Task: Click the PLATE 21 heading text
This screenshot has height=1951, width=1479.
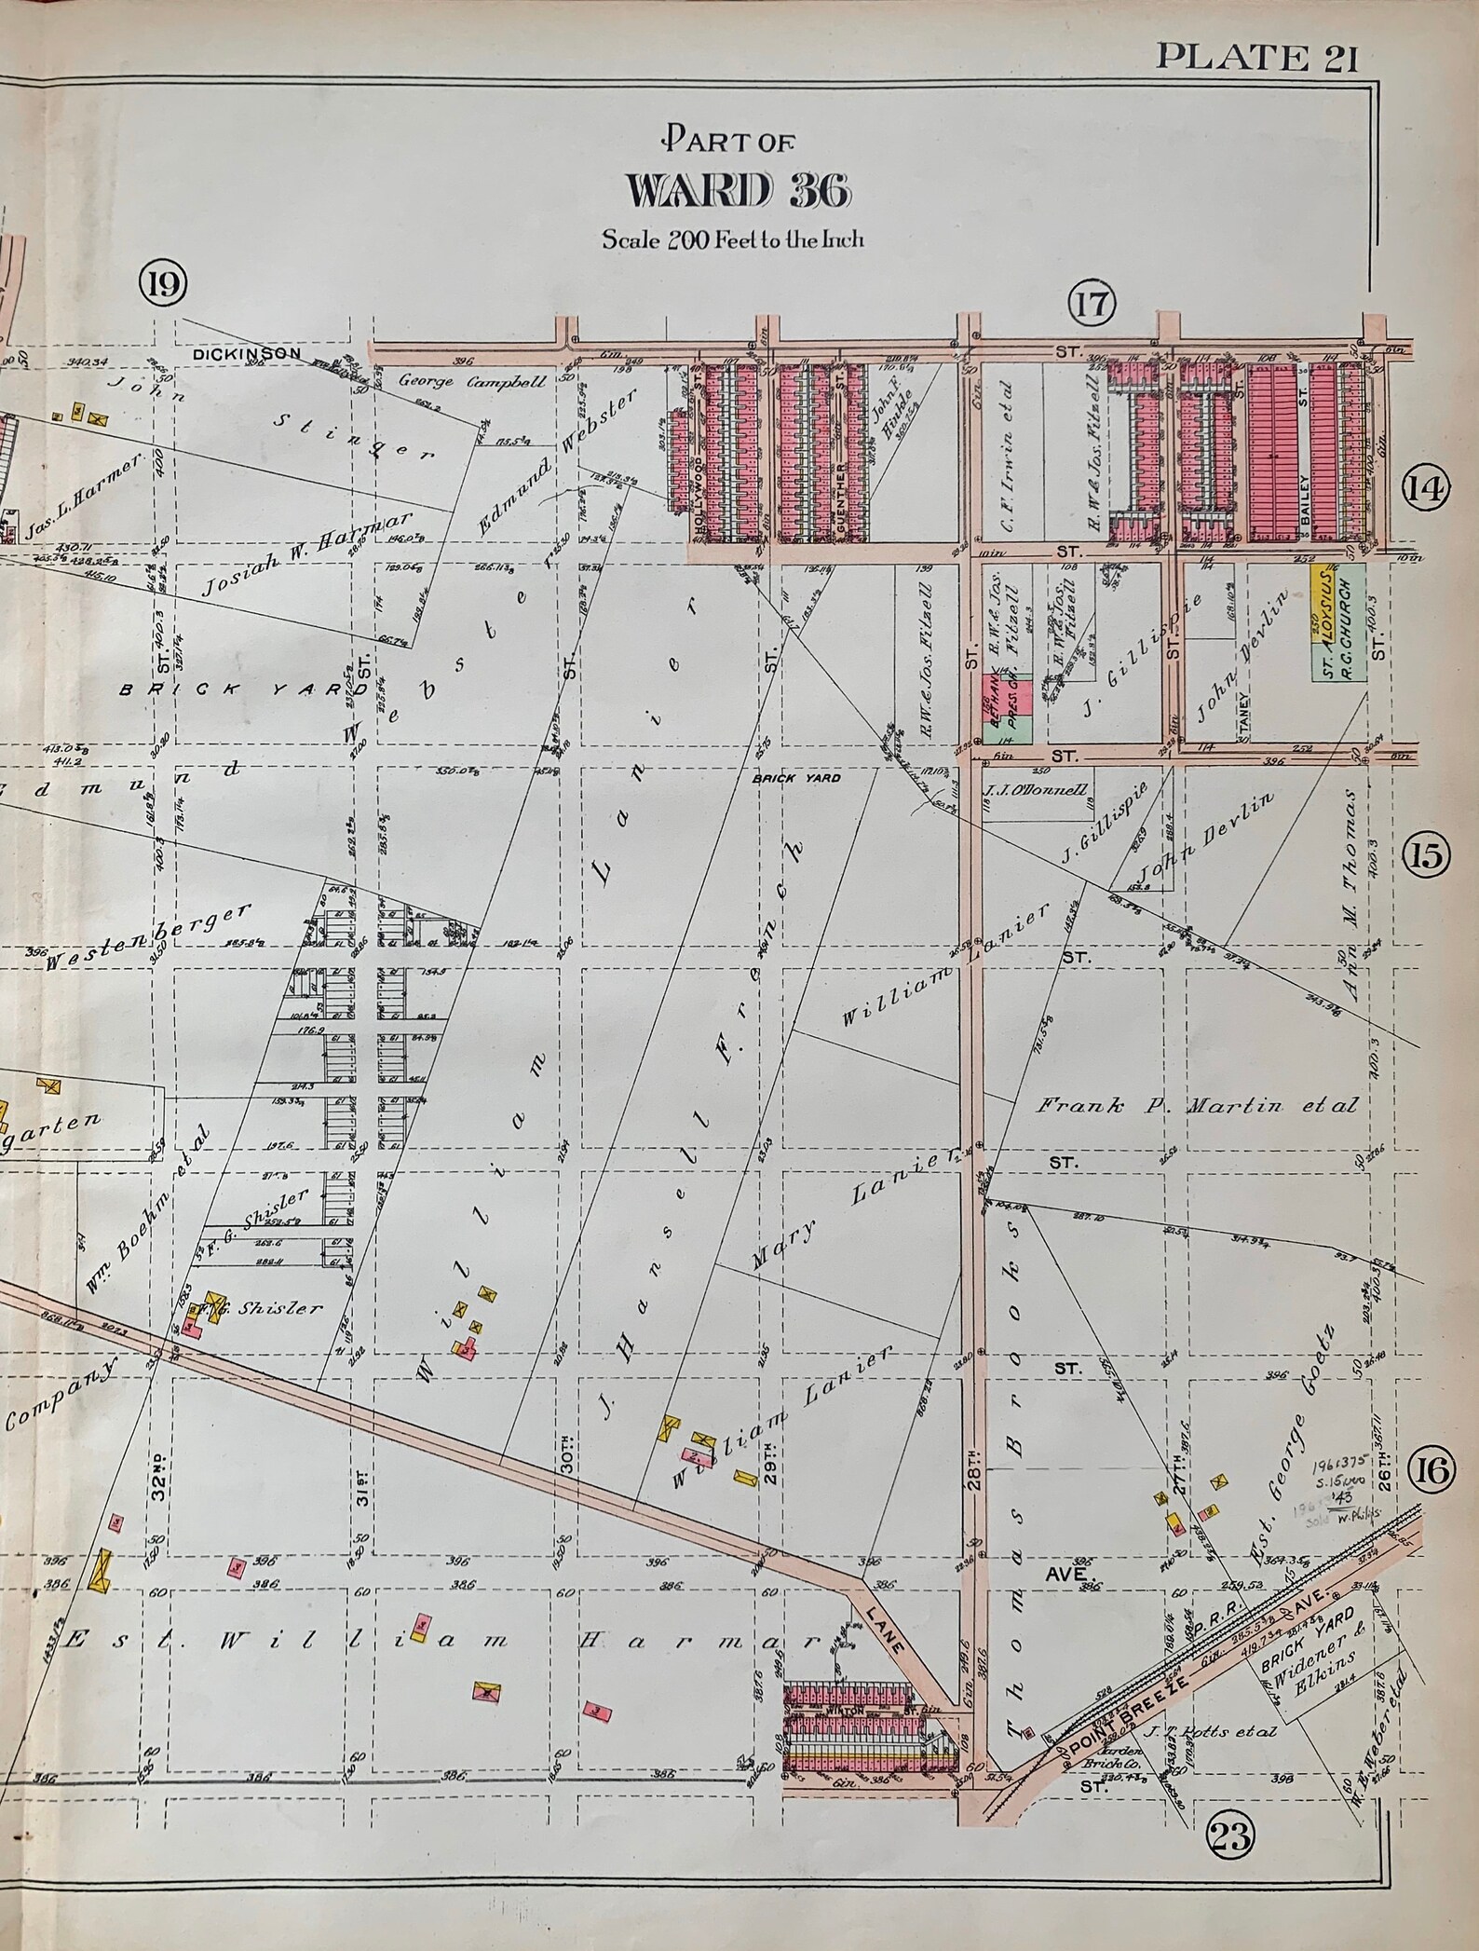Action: tap(1256, 58)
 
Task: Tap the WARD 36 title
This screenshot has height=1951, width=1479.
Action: tap(738, 192)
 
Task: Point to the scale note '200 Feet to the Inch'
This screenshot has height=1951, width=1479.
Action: tap(733, 239)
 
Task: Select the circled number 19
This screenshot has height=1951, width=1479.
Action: tap(162, 281)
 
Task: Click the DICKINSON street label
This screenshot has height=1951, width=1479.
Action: tap(248, 354)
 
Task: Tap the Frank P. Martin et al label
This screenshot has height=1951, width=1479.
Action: tap(1197, 1107)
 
